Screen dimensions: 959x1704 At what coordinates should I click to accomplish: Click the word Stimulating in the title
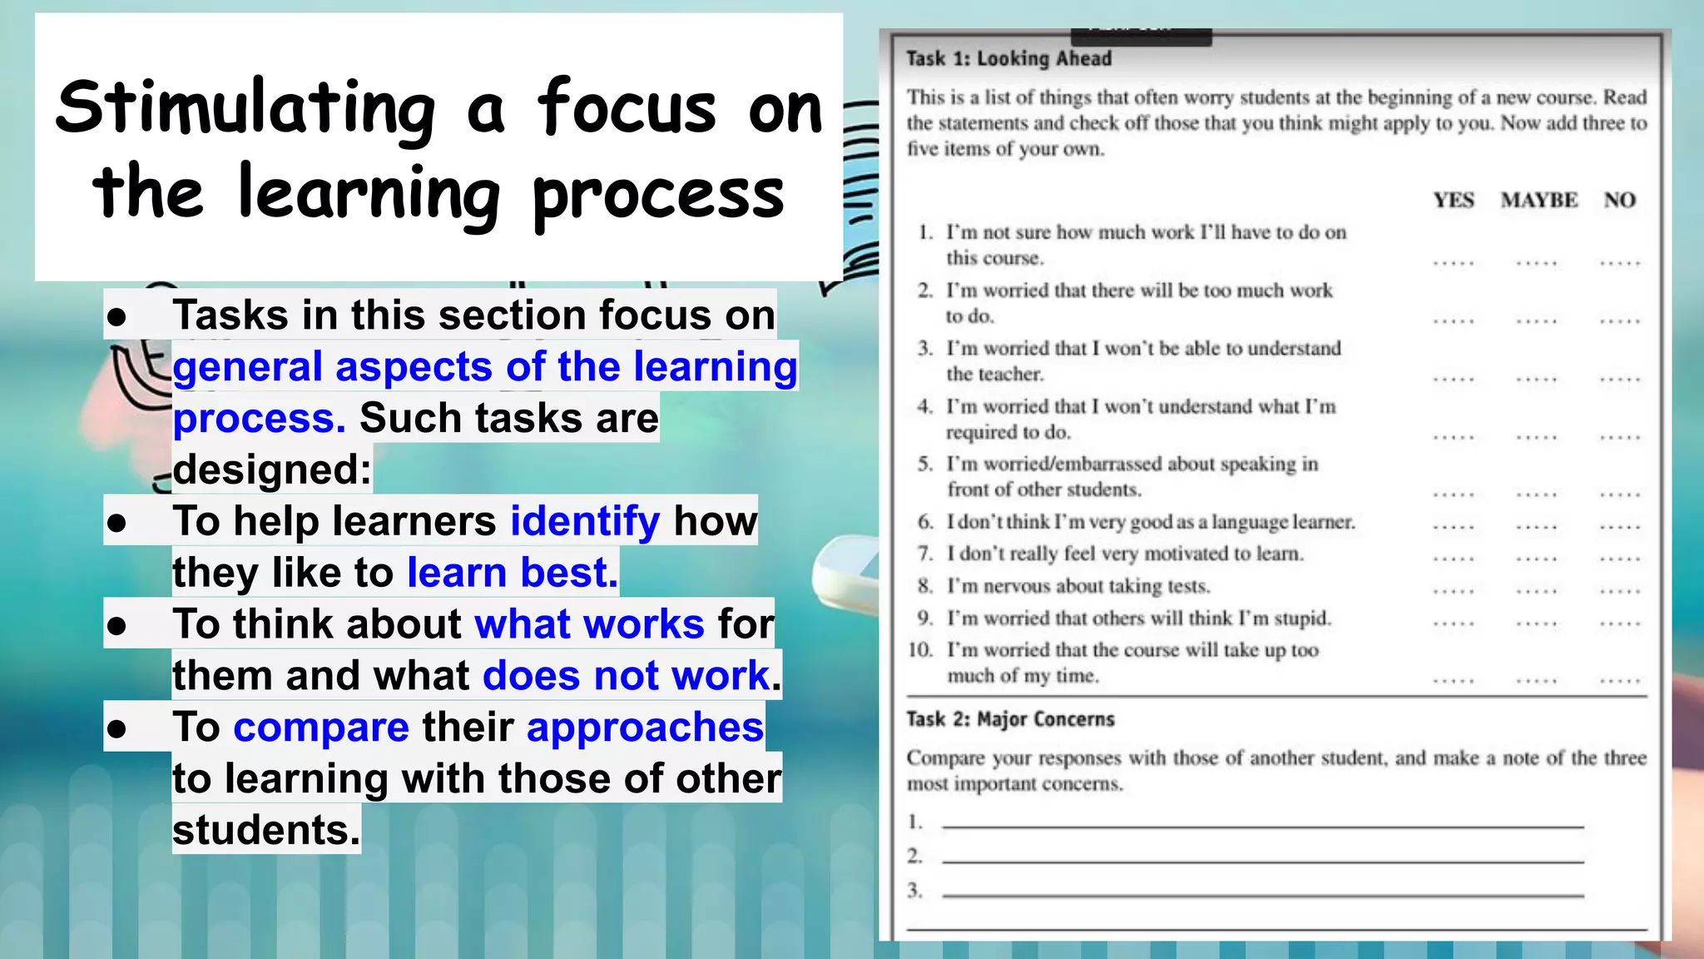tap(245, 108)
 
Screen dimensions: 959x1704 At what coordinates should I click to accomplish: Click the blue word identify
tap(585, 521)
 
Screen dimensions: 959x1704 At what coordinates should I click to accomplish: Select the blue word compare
tap(321, 728)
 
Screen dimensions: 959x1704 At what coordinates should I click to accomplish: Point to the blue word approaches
tap(645, 728)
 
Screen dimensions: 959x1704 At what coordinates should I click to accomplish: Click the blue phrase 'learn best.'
tap(513, 573)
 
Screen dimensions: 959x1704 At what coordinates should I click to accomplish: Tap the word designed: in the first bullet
tap(272, 470)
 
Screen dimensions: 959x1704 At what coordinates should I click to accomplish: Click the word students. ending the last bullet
tap(266, 830)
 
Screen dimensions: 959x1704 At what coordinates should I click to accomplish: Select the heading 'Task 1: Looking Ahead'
tap(1008, 58)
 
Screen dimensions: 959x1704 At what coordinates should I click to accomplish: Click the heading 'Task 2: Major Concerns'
tap(1010, 719)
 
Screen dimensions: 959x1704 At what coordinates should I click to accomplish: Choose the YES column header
tap(1453, 201)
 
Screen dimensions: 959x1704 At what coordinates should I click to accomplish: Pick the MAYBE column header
tap(1538, 201)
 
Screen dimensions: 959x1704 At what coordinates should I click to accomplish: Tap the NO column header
tap(1619, 201)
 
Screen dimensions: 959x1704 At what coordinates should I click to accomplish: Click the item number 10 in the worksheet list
tap(920, 649)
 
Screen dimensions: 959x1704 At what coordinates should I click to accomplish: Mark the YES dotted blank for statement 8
tap(1453, 591)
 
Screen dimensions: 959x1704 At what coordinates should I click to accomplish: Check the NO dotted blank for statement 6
tap(1619, 527)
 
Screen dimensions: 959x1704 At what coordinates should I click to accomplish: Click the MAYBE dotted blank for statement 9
tap(1536, 624)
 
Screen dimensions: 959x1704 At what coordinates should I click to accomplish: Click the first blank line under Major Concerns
tap(1262, 825)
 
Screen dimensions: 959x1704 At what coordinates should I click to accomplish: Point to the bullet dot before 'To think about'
tap(116, 625)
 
